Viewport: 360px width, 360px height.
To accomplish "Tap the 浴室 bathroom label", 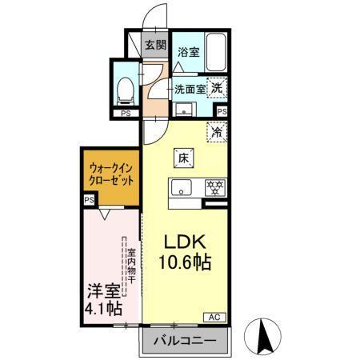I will [189, 53].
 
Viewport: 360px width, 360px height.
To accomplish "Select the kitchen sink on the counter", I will [179, 190].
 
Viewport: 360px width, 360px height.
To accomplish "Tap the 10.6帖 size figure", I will [187, 262].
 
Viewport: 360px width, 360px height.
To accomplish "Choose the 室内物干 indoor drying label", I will [130, 268].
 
